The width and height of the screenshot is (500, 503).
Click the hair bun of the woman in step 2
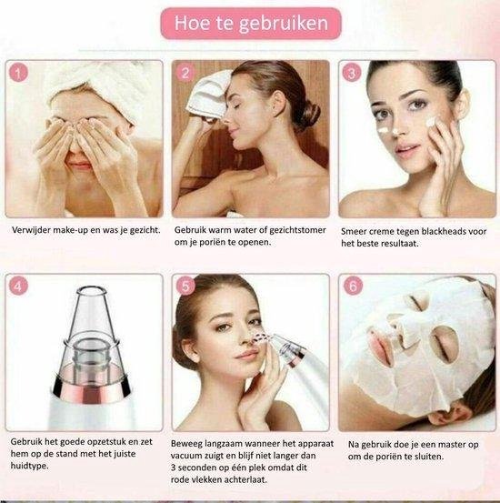click(310, 114)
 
